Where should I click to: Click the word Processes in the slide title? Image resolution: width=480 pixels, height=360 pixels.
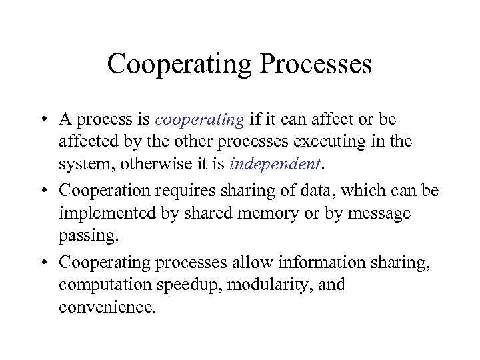(x=315, y=65)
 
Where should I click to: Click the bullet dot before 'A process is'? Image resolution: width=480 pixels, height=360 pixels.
(x=42, y=120)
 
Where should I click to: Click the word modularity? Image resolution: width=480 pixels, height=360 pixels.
(x=273, y=285)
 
